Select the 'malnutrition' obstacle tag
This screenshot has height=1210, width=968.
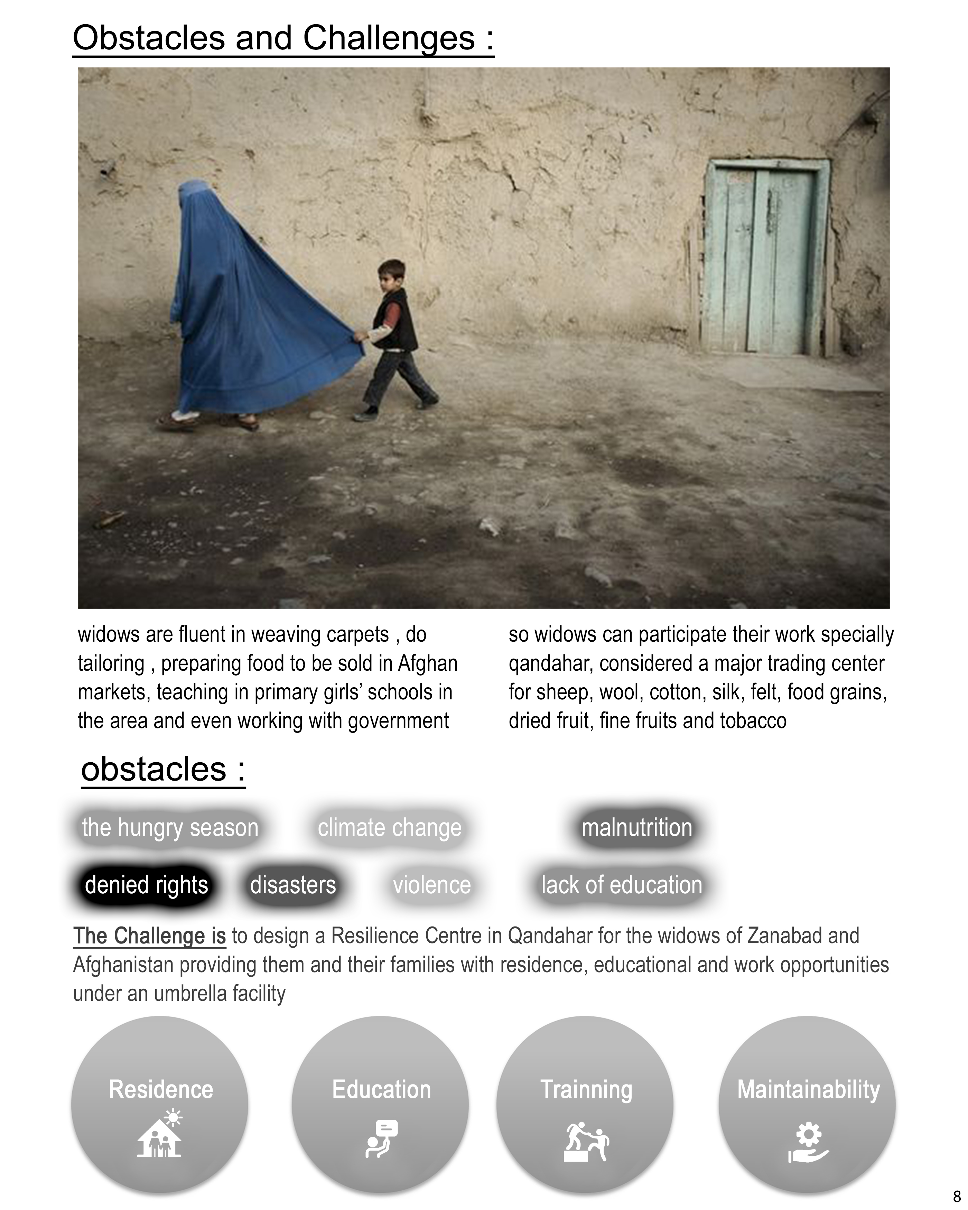pyautogui.click(x=636, y=828)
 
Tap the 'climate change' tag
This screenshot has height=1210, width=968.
pyautogui.click(x=389, y=828)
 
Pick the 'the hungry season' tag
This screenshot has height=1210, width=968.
pyautogui.click(x=170, y=828)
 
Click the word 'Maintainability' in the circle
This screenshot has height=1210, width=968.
pyautogui.click(x=808, y=1089)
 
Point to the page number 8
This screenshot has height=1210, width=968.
pyautogui.click(x=957, y=1197)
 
